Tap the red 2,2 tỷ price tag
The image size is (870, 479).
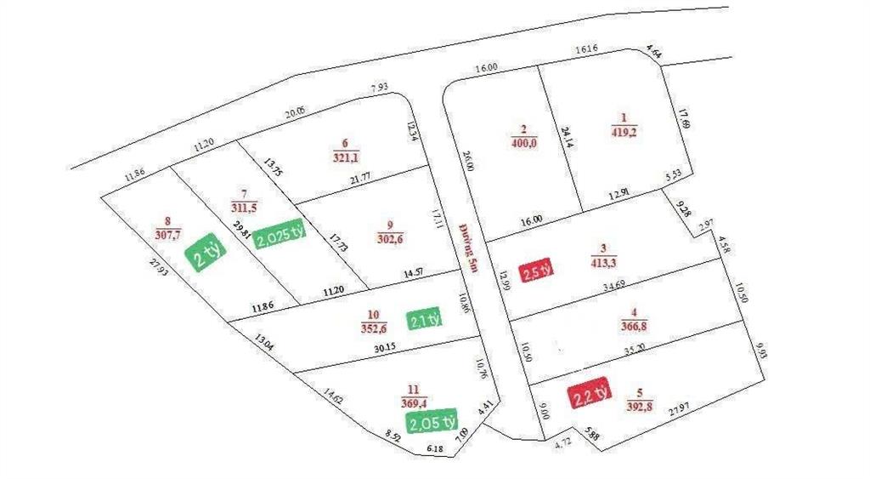click(589, 395)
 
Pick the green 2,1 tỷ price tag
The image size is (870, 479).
click(425, 319)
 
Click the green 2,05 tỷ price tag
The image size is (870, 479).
click(432, 420)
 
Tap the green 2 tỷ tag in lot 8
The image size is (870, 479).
click(206, 254)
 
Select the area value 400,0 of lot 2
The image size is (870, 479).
click(523, 144)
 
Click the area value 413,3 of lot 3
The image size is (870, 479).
click(604, 264)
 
